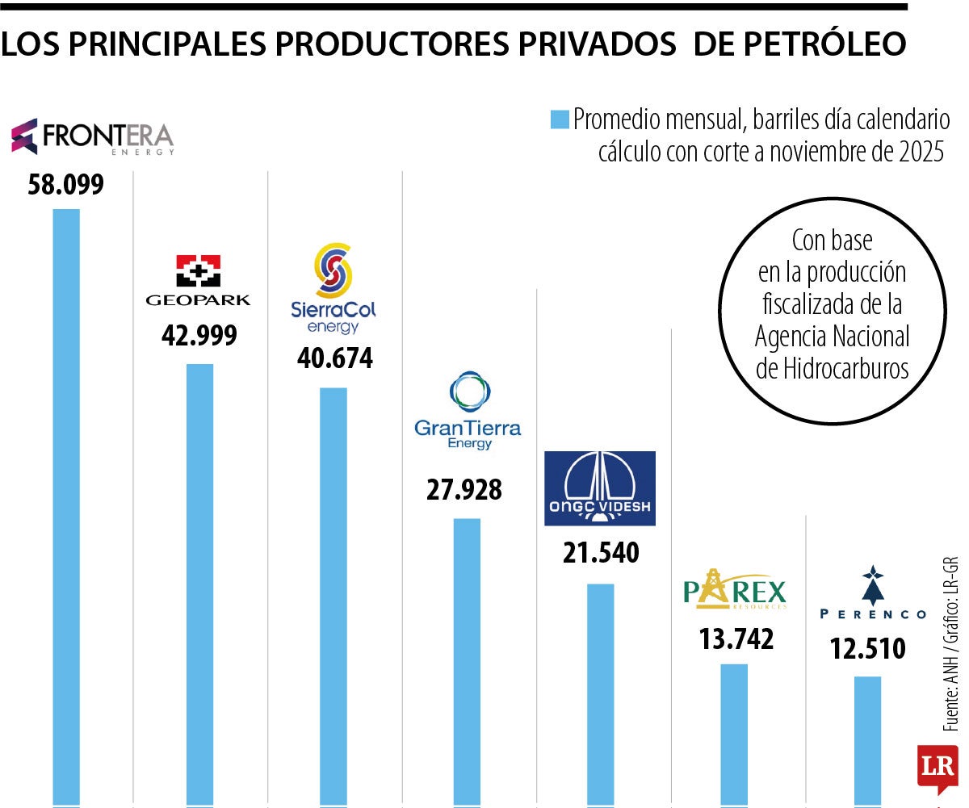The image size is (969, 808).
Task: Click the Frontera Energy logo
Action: pyautogui.click(x=93, y=136)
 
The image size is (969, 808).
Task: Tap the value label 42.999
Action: pyautogui.click(x=199, y=335)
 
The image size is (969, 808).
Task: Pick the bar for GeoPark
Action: pyautogui.click(x=200, y=581)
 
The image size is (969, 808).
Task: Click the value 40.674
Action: pyautogui.click(x=334, y=358)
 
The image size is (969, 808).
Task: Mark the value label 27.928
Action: pyautogui.click(x=464, y=489)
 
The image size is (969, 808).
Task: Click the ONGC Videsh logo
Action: pyautogui.click(x=599, y=488)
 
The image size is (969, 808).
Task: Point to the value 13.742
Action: pyautogui.click(x=735, y=638)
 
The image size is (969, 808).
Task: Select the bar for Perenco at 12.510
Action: pyautogui.click(x=867, y=739)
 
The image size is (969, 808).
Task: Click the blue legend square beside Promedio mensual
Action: pyautogui.click(x=560, y=120)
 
